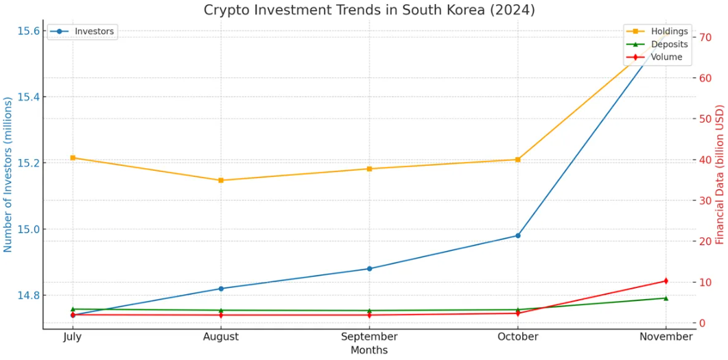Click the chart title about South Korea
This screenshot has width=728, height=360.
[x=369, y=10]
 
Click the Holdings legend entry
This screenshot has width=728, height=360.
[x=669, y=32]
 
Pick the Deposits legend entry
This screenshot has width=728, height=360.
[x=669, y=45]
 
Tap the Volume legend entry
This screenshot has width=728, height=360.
[x=666, y=57]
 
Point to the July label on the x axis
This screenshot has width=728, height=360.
[x=73, y=337]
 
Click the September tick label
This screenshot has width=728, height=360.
[x=369, y=337]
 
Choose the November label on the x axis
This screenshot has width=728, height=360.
[x=666, y=337]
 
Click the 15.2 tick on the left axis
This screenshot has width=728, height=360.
[x=27, y=163]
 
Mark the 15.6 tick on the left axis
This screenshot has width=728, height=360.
[x=27, y=31]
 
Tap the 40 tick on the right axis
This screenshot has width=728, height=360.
[x=705, y=160]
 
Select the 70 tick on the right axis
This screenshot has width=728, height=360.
[x=705, y=37]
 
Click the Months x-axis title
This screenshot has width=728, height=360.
[x=369, y=350]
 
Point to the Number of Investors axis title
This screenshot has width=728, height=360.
[x=8, y=174]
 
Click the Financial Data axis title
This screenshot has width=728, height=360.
[x=720, y=174]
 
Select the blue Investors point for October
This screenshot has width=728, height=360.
[x=518, y=236]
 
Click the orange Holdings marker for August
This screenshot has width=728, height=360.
[x=221, y=180]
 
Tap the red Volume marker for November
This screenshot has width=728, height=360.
[x=666, y=281]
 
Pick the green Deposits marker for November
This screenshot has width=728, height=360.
[x=666, y=298]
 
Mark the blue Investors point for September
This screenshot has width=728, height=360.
[x=370, y=269]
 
